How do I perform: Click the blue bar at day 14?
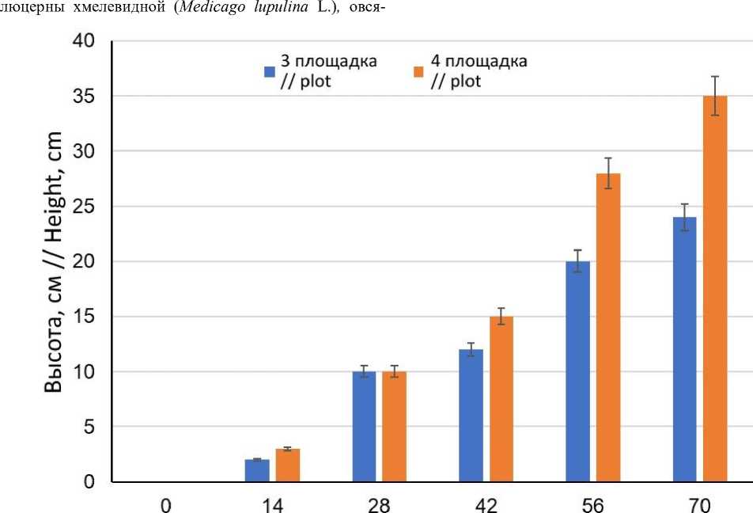pyautogui.click(x=257, y=470)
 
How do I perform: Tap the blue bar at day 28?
pyautogui.click(x=364, y=427)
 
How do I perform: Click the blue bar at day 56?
pyautogui.click(x=578, y=371)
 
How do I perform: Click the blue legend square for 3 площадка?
pyautogui.click(x=269, y=72)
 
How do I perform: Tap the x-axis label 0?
pyautogui.click(x=165, y=503)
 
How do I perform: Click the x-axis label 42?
pyautogui.click(x=486, y=503)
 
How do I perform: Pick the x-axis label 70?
pyautogui.click(x=700, y=503)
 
